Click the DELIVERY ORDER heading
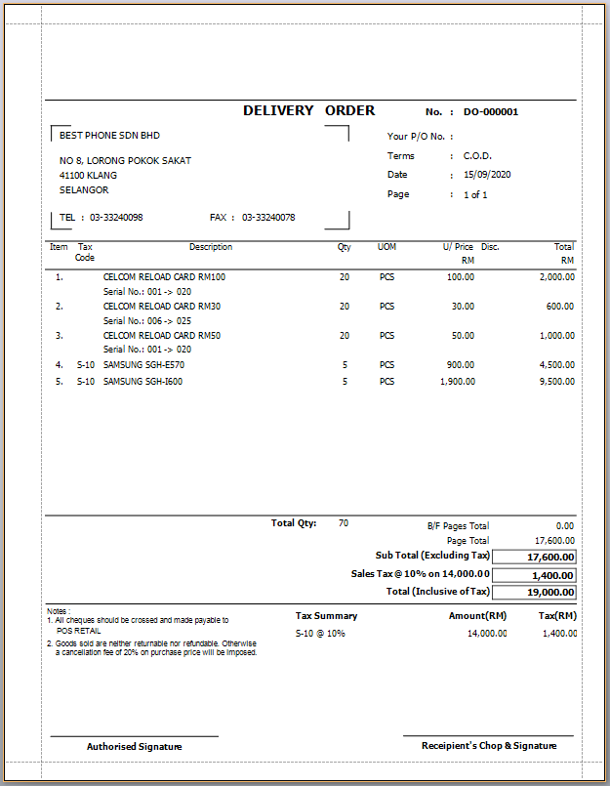point(308,111)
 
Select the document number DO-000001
point(491,112)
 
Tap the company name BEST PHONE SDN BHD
point(109,136)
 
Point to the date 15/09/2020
point(487,175)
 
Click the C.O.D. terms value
point(477,156)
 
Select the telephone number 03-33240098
point(116,218)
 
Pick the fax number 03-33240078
point(268,218)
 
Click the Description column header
point(211,247)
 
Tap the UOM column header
point(387,247)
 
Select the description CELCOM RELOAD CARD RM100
point(164,277)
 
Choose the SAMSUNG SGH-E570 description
point(143,365)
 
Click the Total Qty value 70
point(344,523)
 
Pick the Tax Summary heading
point(326,616)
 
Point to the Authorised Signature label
point(135,746)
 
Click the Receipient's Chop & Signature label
point(489,746)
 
